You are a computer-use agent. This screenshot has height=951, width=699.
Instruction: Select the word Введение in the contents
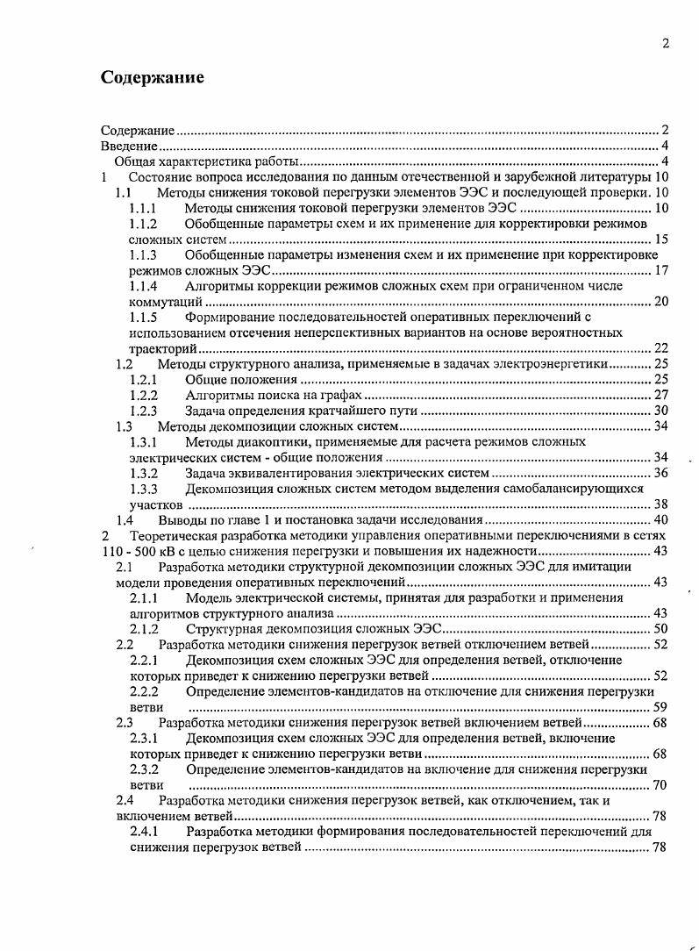pos(129,145)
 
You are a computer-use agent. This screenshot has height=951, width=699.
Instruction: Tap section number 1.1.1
pos(143,208)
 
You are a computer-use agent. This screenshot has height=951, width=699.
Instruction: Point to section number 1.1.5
pos(143,317)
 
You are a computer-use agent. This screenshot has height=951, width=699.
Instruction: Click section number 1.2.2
pos(143,395)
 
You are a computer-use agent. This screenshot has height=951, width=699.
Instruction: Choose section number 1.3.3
pos(143,489)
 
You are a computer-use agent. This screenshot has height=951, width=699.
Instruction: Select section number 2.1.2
pos(144,629)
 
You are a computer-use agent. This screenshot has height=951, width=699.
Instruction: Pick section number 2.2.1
pos(144,660)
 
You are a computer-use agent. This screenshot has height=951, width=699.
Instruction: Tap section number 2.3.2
pos(144,769)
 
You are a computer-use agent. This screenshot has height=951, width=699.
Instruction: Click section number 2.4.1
pos(144,832)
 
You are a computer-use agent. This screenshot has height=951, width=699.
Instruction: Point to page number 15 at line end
pos(662,240)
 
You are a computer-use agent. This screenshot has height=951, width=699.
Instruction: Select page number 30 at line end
pos(662,411)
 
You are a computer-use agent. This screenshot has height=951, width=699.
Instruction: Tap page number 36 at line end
pos(662,474)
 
